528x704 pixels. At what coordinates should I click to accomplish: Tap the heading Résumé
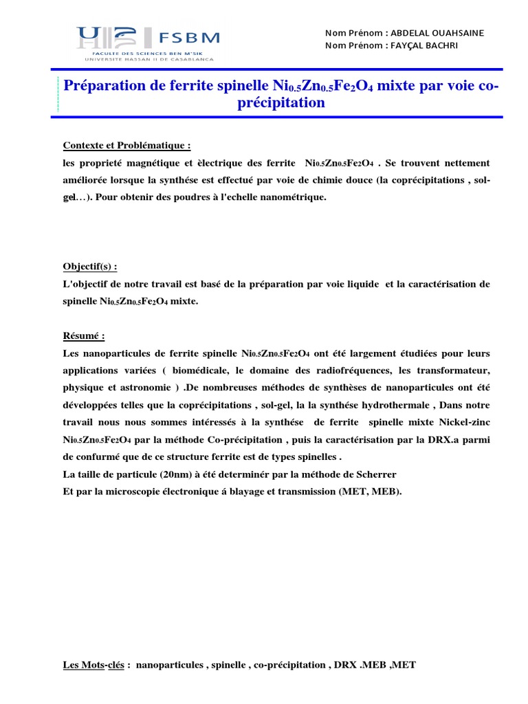pos(84,335)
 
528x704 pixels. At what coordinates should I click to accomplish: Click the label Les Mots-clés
pos(93,665)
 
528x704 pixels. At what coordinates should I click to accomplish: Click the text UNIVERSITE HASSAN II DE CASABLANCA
pos(149,59)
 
